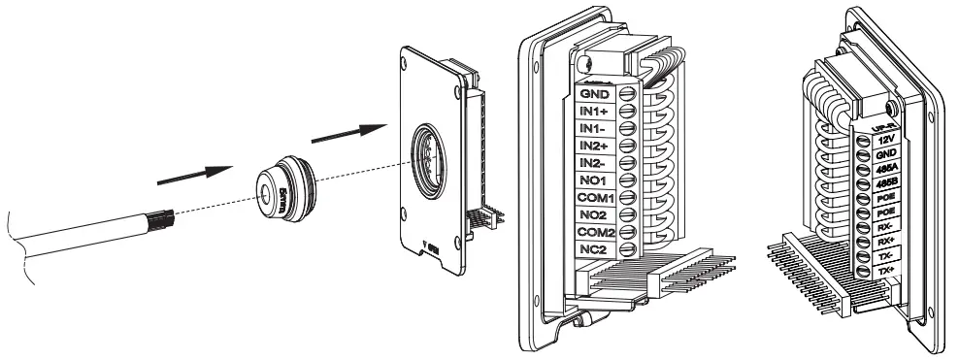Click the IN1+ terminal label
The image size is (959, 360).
coord(594,112)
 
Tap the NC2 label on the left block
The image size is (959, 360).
coord(593,249)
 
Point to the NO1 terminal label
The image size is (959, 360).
coord(593,180)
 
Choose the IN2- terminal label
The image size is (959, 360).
coord(593,162)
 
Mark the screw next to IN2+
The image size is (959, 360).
coord(626,146)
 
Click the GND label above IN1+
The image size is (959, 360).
coord(593,94)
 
